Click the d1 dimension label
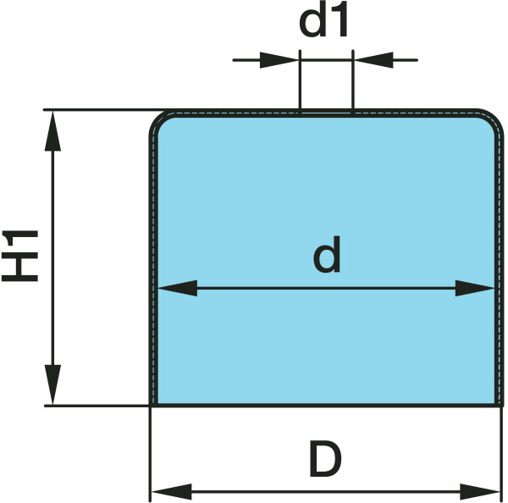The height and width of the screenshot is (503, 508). (x=325, y=24)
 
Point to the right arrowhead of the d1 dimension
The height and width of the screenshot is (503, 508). (x=371, y=60)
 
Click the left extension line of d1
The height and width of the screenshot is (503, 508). (x=301, y=85)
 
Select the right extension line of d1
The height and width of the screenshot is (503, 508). (x=351, y=85)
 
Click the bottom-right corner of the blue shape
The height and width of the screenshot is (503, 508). (x=497, y=403)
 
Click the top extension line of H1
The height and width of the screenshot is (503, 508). (x=102, y=110)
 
